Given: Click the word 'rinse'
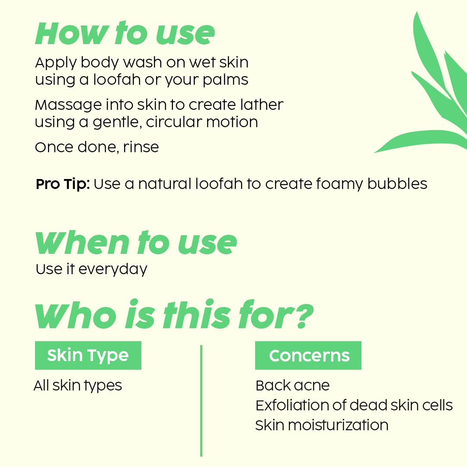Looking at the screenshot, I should click(x=141, y=147).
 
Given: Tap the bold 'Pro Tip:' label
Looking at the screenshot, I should click(x=63, y=184).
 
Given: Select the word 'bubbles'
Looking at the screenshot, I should click(x=397, y=184).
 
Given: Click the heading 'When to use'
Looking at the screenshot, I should click(x=136, y=243).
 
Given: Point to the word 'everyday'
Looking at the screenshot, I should click(x=113, y=269).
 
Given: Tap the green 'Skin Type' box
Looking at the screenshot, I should click(x=88, y=355).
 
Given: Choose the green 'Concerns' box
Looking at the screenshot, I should click(x=308, y=355).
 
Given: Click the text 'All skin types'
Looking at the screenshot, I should click(x=78, y=385).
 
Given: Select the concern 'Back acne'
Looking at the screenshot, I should click(x=292, y=385).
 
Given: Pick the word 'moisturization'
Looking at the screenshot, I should click(x=338, y=425).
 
